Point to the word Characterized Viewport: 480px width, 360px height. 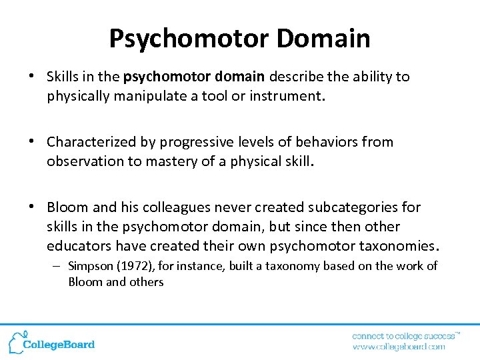point(91,142)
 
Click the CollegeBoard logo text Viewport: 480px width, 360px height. point(59,345)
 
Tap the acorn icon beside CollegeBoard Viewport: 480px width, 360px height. point(16,341)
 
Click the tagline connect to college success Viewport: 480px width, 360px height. point(403,335)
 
